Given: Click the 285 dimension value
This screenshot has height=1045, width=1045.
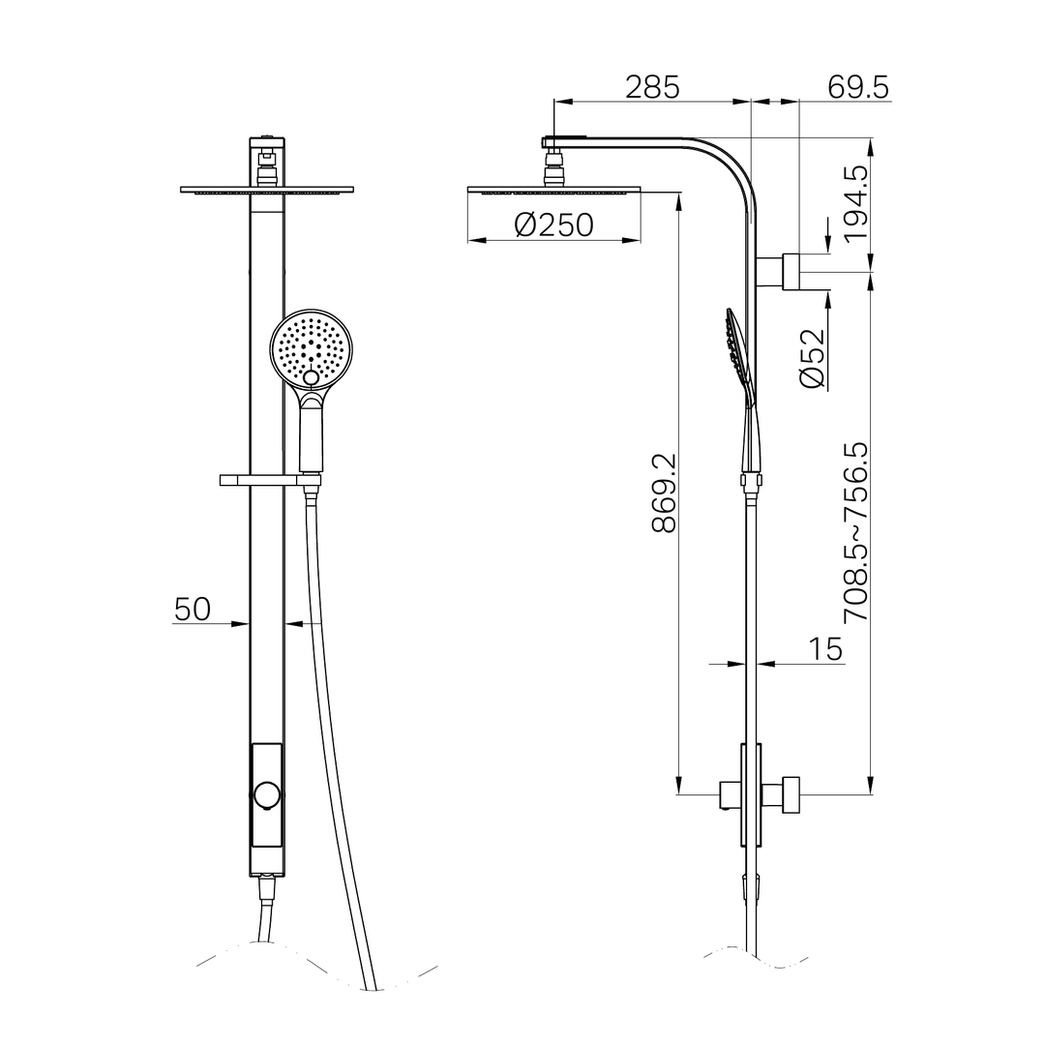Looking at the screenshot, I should [x=652, y=87].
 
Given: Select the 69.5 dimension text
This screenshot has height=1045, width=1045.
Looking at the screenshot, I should [x=858, y=87].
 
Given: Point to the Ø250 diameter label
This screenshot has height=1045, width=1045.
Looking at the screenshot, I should [x=553, y=225].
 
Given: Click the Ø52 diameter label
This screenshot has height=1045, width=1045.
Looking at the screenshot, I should [x=814, y=359].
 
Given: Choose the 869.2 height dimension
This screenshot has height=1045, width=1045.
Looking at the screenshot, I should [x=664, y=493].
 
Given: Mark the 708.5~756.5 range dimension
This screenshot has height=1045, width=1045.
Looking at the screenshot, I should [x=856, y=533].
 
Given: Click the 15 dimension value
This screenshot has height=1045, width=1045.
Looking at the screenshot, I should [x=825, y=649].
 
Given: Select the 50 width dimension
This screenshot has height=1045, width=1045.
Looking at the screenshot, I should [x=193, y=610].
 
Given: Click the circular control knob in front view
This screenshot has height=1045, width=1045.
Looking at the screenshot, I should [x=267, y=795].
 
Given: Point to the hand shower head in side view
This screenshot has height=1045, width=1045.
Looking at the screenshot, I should [x=737, y=358].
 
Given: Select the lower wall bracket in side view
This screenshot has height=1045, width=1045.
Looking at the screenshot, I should [x=783, y=794].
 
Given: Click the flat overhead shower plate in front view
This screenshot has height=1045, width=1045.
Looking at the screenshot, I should [x=267, y=190].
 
